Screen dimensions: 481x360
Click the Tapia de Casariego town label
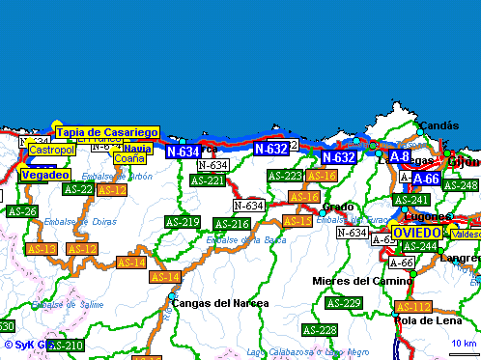pyautogui.click(x=107, y=132)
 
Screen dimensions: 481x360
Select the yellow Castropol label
pyautogui.click(x=52, y=151)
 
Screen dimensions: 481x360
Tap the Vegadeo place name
pyautogui.click(x=44, y=175)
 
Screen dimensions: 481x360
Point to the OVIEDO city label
pyautogui.click(x=417, y=233)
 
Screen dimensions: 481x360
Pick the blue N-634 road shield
pyautogui.click(x=183, y=151)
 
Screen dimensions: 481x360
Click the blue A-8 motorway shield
pyautogui.click(x=400, y=155)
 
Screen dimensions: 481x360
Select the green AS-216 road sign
pyautogui.click(x=232, y=224)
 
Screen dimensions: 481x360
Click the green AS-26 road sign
pyautogui.click(x=21, y=211)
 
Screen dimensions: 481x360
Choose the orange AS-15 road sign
pyautogui.click(x=297, y=221)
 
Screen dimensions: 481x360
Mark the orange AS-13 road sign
pyautogui.click(x=42, y=249)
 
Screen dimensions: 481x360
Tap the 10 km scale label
pyautogui.click(x=464, y=344)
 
